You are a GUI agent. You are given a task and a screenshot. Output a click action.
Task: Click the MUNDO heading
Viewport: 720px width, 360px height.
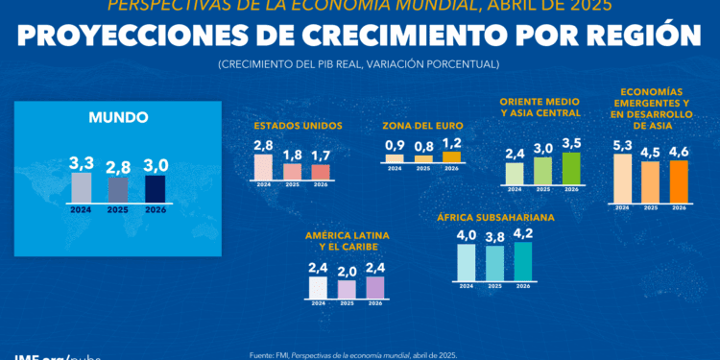pos(118,118)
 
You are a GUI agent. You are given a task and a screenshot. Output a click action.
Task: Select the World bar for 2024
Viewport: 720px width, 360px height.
pos(82,186)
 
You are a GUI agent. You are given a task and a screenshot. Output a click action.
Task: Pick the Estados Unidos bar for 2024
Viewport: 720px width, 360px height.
pos(263,167)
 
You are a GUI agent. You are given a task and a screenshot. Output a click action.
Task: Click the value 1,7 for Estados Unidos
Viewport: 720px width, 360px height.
pos(321,155)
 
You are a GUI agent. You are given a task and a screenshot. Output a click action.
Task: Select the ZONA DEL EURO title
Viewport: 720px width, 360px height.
pos(422,126)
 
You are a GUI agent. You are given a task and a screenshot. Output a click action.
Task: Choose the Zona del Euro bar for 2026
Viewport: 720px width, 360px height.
pos(451,156)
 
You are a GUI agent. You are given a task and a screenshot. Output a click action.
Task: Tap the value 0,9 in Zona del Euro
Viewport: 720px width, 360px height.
pos(394,145)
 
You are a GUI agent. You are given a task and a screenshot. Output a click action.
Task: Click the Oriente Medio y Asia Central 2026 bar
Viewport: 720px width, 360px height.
pos(572,168)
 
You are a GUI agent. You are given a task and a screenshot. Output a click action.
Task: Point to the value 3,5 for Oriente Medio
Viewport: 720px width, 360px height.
pos(572,144)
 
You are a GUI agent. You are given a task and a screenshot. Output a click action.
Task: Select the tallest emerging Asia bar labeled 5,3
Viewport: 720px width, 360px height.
pos(622,178)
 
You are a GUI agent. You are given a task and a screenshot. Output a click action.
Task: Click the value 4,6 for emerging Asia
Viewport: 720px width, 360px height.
pos(680,151)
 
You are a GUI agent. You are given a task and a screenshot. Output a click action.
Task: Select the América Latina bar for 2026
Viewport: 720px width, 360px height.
pos(375,287)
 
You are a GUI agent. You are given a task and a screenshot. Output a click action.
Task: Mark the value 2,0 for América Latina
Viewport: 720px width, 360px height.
pos(347,272)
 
